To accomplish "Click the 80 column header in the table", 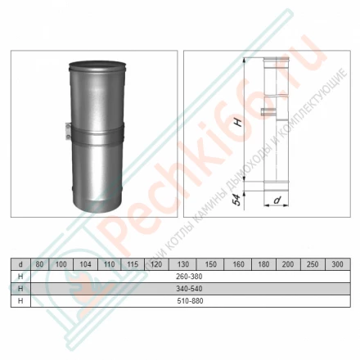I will pyautogui.click(x=38, y=265).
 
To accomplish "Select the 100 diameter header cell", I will pyautogui.click(x=61, y=265).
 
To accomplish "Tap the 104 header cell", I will pyautogui.click(x=85, y=265).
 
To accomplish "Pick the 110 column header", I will pyautogui.click(x=109, y=265).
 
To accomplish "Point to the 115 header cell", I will pyautogui.click(x=132, y=265).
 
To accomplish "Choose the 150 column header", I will pyautogui.click(x=211, y=265).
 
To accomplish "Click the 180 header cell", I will pyautogui.click(x=263, y=265).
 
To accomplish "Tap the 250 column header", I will pyautogui.click(x=312, y=265).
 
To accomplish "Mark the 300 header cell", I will pyautogui.click(x=335, y=265).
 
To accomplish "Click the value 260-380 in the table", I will pyautogui.click(x=187, y=277).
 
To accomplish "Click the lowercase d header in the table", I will pyautogui.click(x=20, y=265).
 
